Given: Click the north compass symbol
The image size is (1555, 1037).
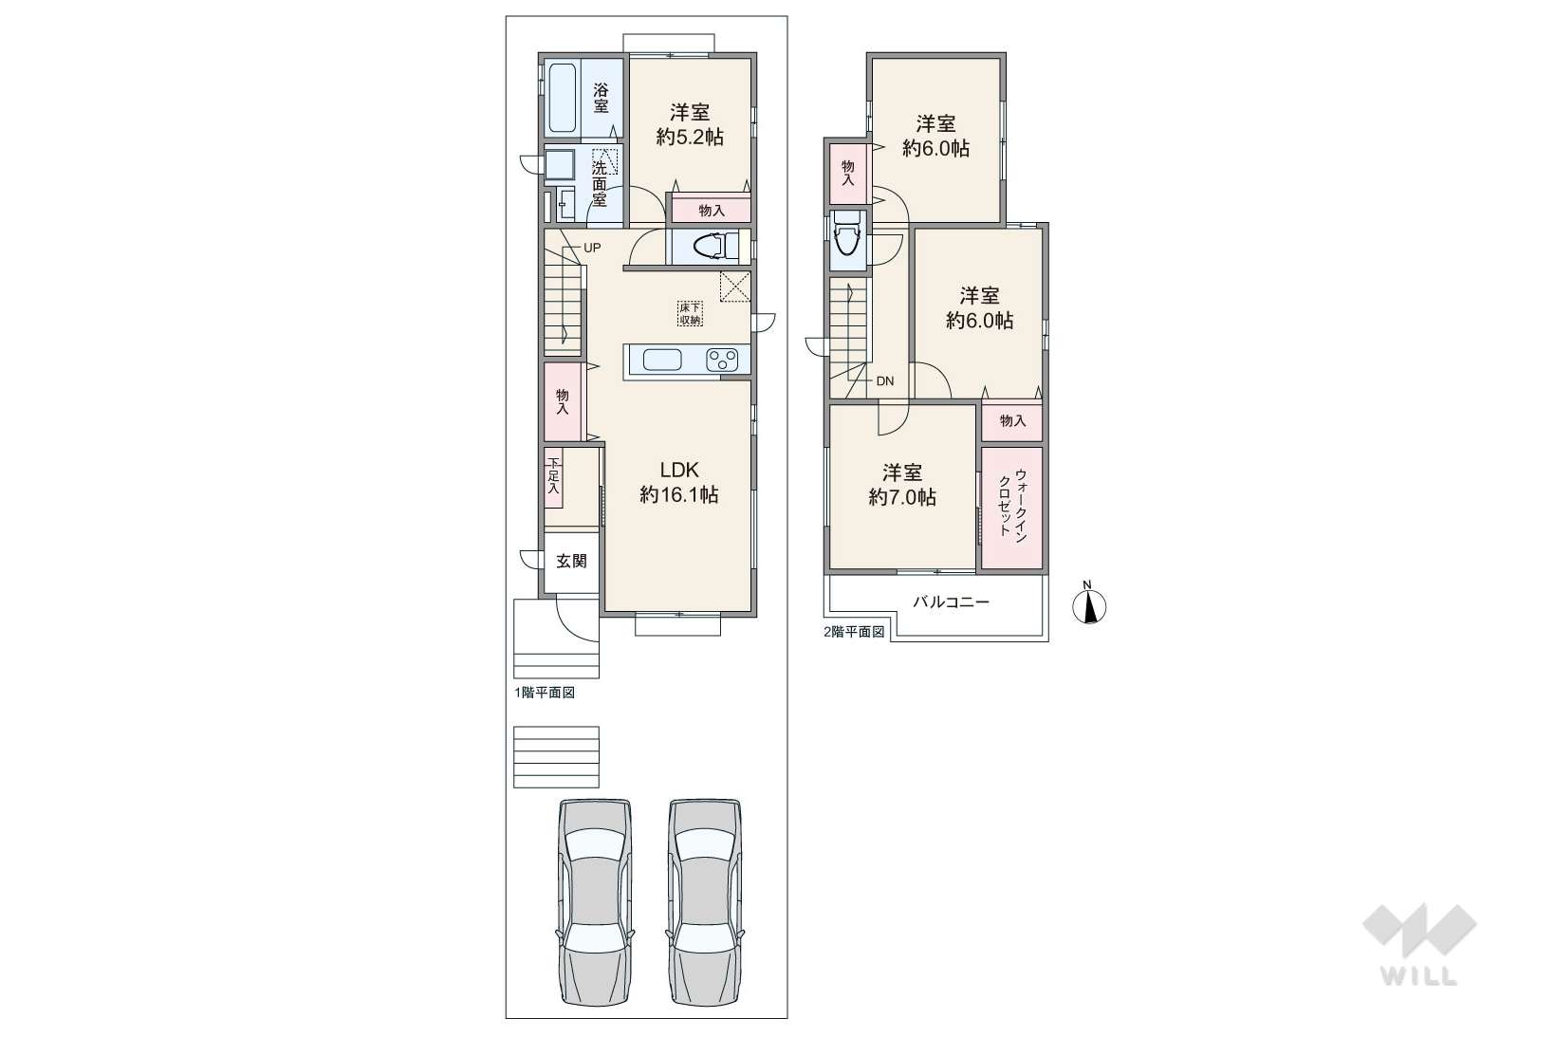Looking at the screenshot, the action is (1089, 604).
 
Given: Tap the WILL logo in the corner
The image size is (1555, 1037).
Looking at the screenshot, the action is (1419, 945).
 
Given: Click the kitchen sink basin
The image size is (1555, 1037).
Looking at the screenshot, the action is (662, 361).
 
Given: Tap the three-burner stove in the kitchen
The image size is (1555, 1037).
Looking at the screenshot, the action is (722, 360).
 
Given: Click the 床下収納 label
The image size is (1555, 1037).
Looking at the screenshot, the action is (690, 313).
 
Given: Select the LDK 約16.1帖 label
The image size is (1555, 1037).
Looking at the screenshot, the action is (678, 482).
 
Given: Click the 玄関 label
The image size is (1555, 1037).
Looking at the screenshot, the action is (571, 561).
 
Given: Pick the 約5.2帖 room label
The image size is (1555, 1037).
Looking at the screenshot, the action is (690, 137).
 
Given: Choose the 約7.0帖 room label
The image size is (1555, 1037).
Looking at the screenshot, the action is (902, 497).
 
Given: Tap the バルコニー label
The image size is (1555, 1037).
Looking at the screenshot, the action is (951, 602).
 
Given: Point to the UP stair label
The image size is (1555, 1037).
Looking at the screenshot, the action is (591, 248).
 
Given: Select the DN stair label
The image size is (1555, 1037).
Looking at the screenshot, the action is (884, 381).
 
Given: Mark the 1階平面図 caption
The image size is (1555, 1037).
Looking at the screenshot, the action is (545, 693).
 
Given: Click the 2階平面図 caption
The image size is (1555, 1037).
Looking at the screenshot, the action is (854, 632).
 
